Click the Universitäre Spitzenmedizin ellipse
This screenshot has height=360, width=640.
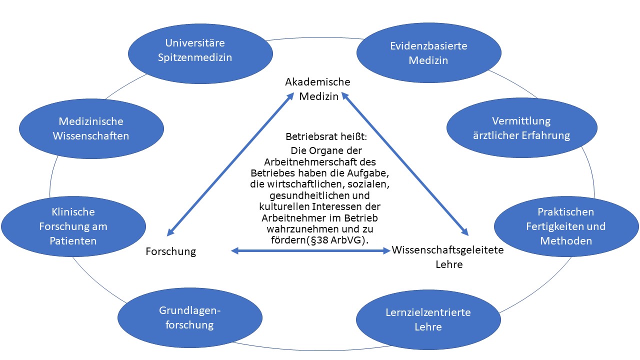pyautogui.click(x=195, y=50)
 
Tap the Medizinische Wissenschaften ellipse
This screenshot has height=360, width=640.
pyautogui.click(x=90, y=128)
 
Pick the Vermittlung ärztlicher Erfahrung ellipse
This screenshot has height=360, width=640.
pyautogui.click(x=521, y=128)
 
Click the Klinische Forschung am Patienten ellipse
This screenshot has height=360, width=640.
pyautogui.click(x=73, y=226)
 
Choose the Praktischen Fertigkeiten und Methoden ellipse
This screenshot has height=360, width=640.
pyautogui.click(x=565, y=226)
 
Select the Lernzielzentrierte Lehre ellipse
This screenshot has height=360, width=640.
pyautogui.click(x=428, y=320)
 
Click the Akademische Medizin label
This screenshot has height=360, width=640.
pyautogui.click(x=318, y=89)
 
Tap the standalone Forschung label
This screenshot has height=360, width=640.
pyautogui.click(x=170, y=251)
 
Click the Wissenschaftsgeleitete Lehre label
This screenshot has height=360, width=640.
pyautogui.click(x=448, y=256)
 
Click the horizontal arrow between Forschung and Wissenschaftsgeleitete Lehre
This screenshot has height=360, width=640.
pyautogui.click(x=310, y=250)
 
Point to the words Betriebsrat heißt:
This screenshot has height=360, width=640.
pyautogui.click(x=319, y=136)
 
